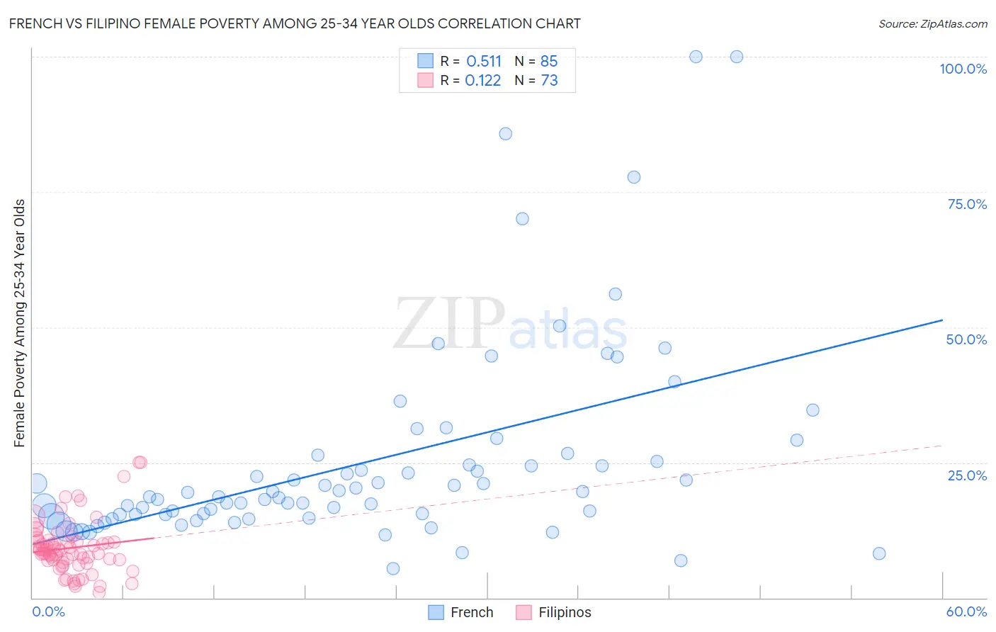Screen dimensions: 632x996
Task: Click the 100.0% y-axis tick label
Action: point(963,69)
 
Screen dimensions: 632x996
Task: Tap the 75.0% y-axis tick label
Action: point(966,204)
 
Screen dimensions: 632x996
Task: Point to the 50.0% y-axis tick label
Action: point(966,339)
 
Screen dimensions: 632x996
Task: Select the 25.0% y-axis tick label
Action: point(967,475)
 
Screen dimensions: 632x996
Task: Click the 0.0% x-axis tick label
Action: point(48,611)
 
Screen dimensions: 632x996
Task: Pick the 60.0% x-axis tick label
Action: point(966,611)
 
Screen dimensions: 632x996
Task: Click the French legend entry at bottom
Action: point(461,612)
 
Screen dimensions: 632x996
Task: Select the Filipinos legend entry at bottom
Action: point(553,612)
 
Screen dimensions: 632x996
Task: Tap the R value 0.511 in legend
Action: point(484,61)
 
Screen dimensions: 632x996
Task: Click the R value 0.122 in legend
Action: point(483,81)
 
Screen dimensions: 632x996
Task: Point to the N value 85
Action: point(549,61)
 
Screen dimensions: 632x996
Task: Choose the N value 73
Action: point(549,81)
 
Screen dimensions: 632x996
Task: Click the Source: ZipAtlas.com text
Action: point(932,24)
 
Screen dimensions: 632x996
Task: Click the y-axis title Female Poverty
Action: point(19,323)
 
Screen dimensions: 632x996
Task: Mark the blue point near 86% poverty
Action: point(505,134)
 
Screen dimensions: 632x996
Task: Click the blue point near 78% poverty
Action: point(634,177)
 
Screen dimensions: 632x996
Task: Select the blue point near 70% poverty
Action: point(522,219)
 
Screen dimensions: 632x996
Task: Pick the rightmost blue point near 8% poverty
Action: point(879,553)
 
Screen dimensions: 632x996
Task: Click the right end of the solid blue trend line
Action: point(942,320)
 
